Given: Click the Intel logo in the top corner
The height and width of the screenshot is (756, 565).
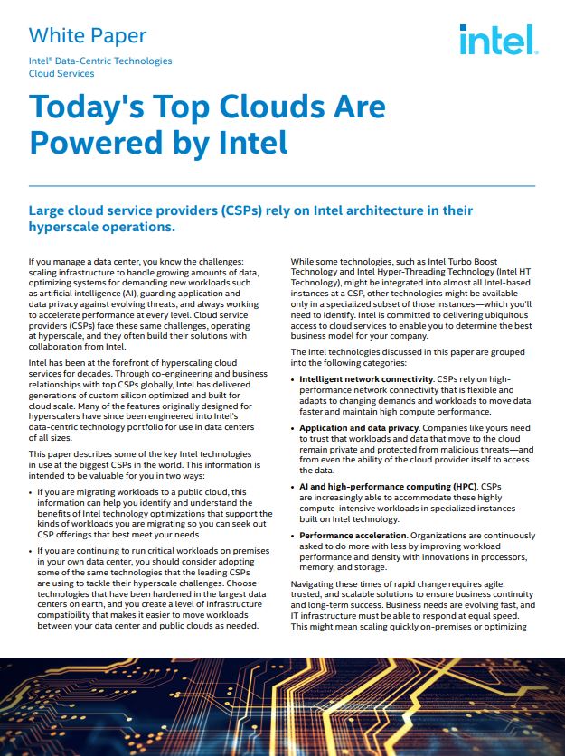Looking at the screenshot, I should (x=496, y=40).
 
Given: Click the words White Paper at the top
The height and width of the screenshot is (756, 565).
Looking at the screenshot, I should (x=88, y=36).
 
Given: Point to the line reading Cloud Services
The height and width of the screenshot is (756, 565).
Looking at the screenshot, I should (x=62, y=73).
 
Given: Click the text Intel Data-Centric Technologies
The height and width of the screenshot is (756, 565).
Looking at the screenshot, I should (x=100, y=61).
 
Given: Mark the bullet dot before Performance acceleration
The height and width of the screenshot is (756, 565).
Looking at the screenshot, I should (x=293, y=537).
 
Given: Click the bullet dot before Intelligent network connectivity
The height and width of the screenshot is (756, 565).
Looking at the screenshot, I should (x=293, y=379).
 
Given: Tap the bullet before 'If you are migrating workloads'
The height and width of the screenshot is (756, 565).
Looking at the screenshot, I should (x=32, y=492).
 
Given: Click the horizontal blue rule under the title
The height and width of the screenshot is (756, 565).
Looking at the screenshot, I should (x=282, y=186).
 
